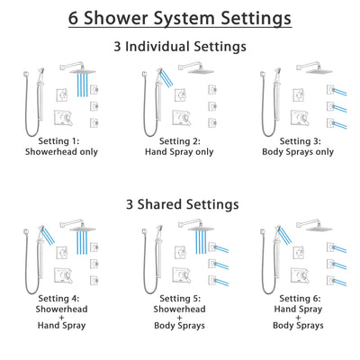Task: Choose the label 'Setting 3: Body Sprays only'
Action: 295,147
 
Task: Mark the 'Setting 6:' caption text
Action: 295,297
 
